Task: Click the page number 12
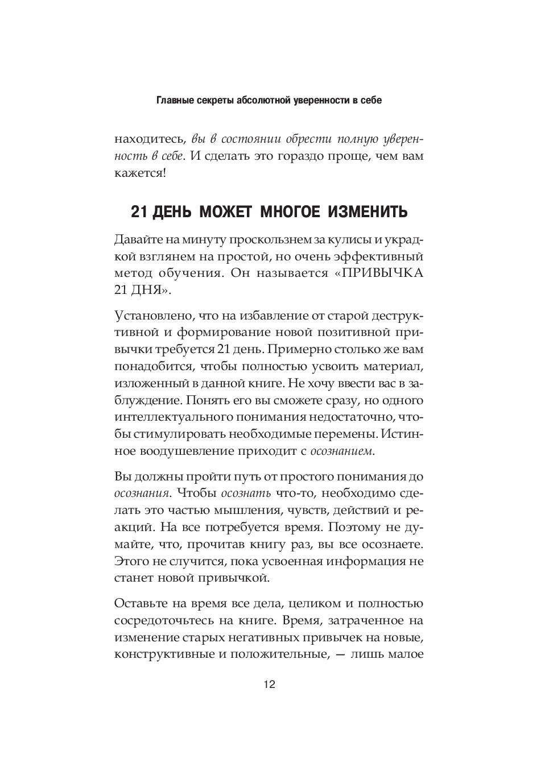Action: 269,685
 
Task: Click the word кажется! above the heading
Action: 140,173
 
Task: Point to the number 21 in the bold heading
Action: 139,212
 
